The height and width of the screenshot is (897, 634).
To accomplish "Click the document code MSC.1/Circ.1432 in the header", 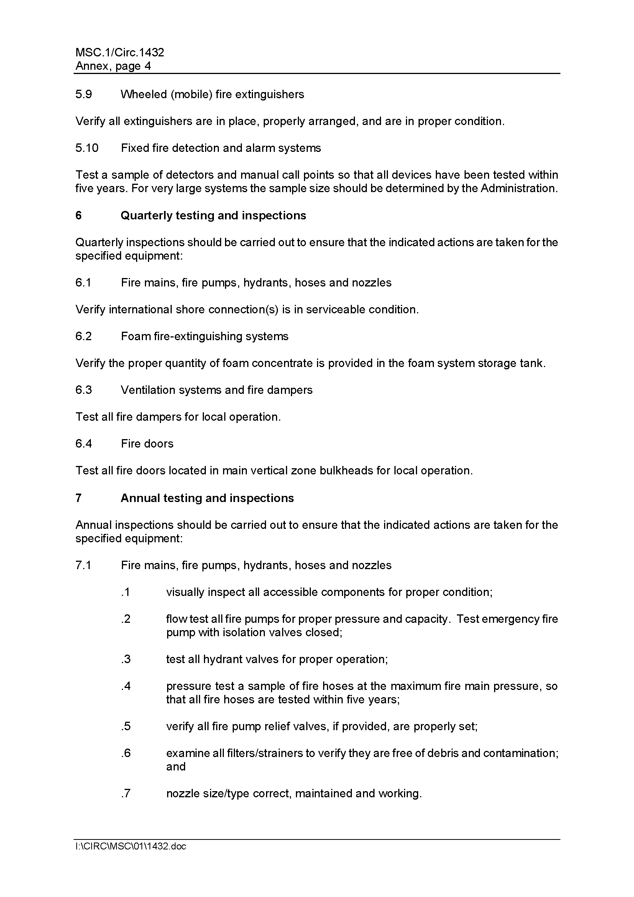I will pos(120,53).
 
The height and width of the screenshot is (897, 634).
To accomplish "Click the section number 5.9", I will pos(84,95).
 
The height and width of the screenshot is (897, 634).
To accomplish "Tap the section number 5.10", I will pos(87,148).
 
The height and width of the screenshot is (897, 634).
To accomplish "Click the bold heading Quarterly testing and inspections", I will pos(213,216).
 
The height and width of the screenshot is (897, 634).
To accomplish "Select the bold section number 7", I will pos(79,498).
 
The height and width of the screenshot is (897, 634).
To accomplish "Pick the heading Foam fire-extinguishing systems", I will pos(205,336).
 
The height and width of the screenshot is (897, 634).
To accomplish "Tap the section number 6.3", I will pos(84,390).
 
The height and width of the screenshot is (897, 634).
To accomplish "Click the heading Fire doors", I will pos(147,444).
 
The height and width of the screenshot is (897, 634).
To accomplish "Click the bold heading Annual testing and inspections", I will pos(207,498).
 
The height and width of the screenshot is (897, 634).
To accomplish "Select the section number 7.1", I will pos(83,565).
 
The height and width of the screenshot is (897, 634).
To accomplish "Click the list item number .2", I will pos(126,619).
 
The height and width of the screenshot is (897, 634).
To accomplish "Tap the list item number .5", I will pos(126,727).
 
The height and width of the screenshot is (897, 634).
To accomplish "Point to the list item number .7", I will pos(126,793).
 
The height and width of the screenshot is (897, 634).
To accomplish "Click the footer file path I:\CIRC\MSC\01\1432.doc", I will pos(131,847).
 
